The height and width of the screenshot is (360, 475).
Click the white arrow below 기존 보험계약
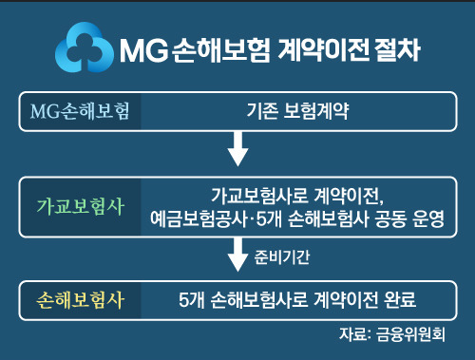239,146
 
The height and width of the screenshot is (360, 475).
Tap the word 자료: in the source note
354,334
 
